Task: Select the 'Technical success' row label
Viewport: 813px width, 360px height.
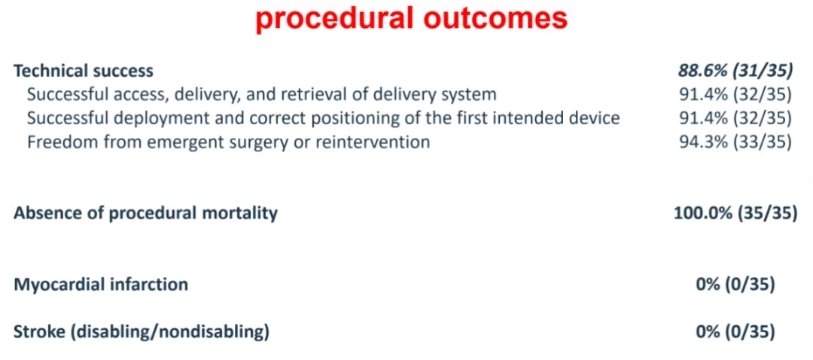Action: point(84,71)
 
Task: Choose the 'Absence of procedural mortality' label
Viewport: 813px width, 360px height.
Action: point(145,214)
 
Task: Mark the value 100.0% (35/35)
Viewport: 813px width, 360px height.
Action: point(735,213)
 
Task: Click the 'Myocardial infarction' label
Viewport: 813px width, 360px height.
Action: point(101,285)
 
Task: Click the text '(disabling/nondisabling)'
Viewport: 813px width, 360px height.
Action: point(170,333)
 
